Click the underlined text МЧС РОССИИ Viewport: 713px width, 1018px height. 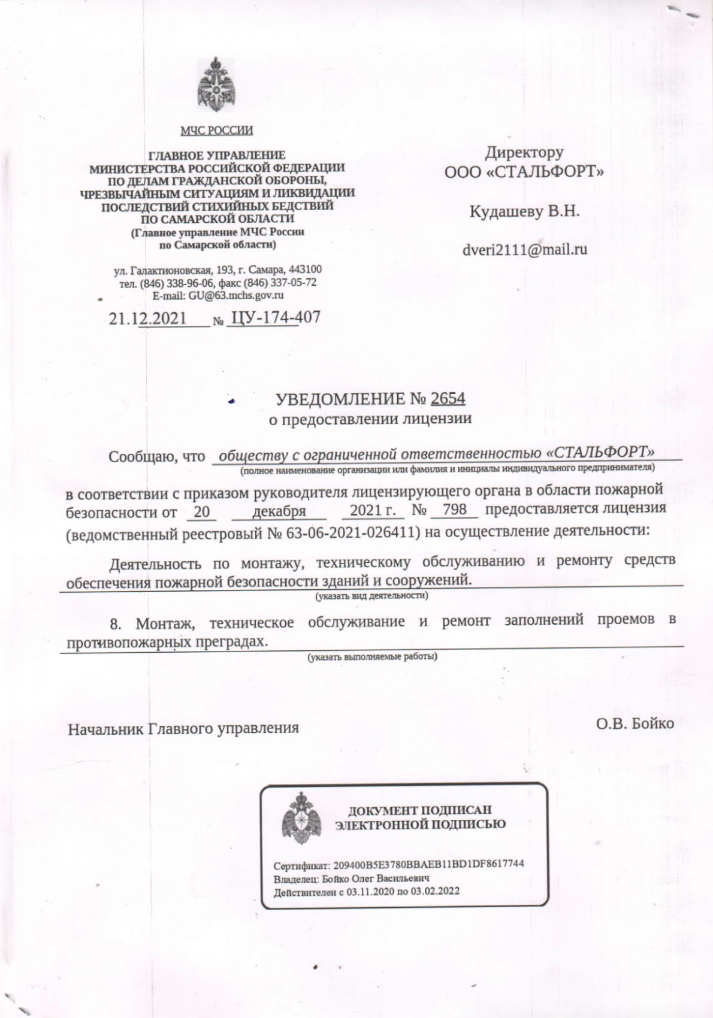217,131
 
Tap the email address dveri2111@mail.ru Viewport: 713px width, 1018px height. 524,249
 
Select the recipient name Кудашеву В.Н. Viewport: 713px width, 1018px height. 524,211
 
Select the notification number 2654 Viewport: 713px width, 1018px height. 448,398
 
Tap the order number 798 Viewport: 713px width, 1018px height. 454,511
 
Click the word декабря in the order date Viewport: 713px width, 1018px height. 279,511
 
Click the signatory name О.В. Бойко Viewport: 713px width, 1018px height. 635,723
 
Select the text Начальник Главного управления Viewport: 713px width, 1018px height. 183,729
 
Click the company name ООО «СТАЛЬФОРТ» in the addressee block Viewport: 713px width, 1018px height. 524,172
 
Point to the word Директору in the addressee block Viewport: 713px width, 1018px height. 524,153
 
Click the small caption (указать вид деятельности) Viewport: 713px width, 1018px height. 371,596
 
